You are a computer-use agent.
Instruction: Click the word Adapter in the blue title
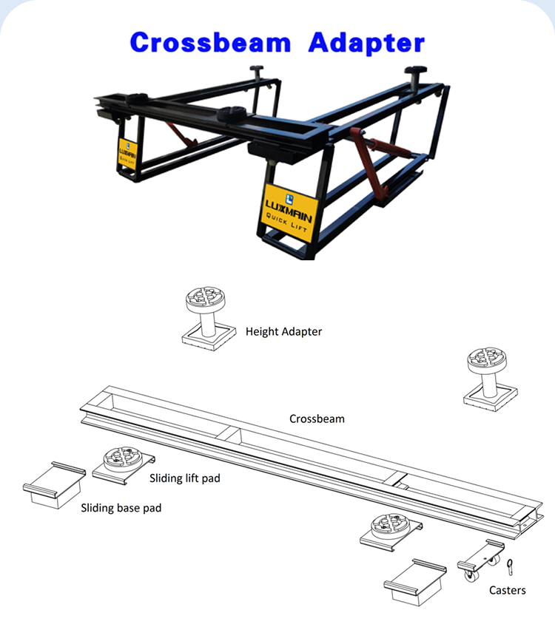pyautogui.click(x=367, y=42)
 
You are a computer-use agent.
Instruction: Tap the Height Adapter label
pyautogui.click(x=283, y=332)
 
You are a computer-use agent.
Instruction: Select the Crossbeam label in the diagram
pyautogui.click(x=317, y=418)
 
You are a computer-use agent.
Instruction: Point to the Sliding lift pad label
pyautogui.click(x=185, y=478)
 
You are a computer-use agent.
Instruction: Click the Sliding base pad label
pyautogui.click(x=121, y=508)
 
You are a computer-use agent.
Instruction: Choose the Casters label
pyautogui.click(x=508, y=590)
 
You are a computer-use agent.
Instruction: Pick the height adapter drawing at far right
pyautogui.click(x=486, y=377)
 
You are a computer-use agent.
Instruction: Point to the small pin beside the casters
pyautogui.click(x=511, y=566)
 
